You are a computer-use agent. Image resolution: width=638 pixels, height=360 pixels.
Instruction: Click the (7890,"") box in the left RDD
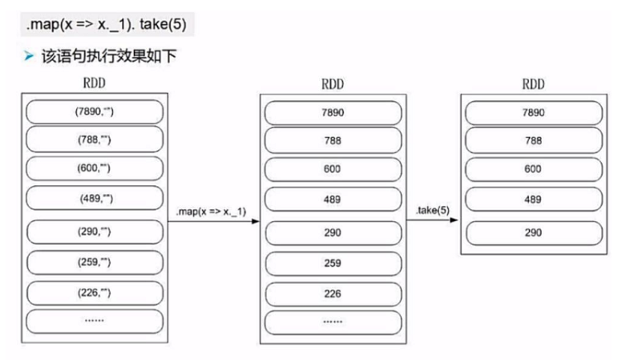point(95,111)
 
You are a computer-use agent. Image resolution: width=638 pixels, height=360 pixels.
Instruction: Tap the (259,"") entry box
point(95,261)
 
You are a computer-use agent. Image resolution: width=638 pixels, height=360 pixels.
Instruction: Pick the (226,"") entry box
point(95,291)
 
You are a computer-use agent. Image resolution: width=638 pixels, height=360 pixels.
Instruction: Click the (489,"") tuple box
point(95,197)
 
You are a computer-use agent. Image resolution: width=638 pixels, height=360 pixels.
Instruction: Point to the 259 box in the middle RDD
point(333,261)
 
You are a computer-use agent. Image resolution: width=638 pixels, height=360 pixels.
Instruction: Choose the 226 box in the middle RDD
point(333,293)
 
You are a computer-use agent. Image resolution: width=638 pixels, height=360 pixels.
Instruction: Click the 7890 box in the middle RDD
point(333,112)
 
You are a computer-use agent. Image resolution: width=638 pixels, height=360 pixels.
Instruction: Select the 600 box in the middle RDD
point(333,169)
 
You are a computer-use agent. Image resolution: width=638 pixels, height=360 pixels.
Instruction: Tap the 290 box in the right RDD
point(532,233)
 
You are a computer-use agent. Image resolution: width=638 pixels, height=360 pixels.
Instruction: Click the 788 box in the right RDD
point(532,140)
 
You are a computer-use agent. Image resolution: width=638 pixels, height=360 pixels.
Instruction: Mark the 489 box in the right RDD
point(532,199)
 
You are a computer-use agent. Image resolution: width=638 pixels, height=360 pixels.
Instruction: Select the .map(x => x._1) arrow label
point(210,211)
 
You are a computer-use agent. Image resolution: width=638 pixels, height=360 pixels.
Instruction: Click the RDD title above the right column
point(533,83)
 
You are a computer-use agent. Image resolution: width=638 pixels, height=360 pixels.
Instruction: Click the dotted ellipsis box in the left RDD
point(95,321)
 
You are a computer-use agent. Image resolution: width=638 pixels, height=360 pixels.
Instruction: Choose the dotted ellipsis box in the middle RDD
point(333,322)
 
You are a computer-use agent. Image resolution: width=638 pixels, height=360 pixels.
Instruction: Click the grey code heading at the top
point(107,24)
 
